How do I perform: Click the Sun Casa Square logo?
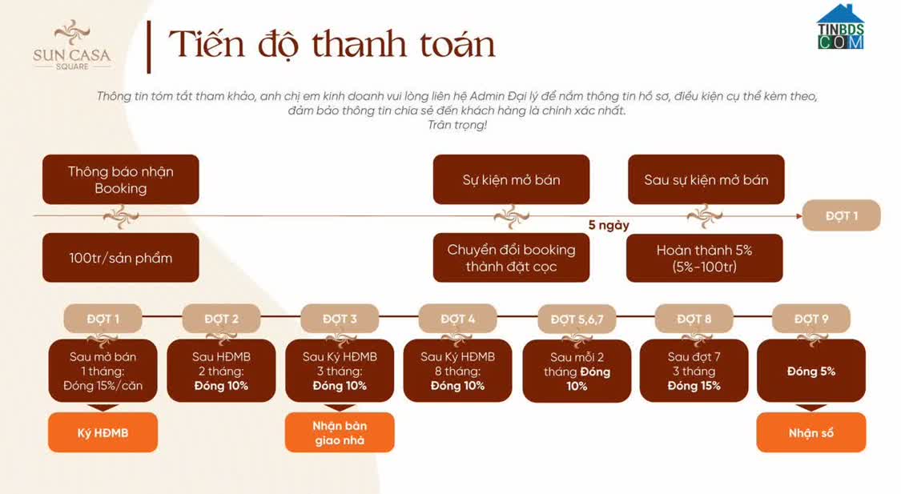(x=72, y=45)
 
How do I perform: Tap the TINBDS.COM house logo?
(x=840, y=26)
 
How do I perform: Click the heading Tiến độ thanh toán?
(x=332, y=44)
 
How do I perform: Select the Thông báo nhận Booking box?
(x=121, y=179)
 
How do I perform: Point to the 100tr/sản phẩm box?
(x=121, y=257)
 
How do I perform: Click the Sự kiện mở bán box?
(x=512, y=179)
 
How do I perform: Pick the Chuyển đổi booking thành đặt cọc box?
(x=512, y=257)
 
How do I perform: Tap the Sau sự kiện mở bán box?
(x=706, y=179)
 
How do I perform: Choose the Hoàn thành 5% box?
(x=705, y=257)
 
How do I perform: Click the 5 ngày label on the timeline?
(x=609, y=225)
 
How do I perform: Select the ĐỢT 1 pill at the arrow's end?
(x=841, y=215)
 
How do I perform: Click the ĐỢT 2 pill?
(x=221, y=319)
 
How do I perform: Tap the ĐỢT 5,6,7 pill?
(x=577, y=319)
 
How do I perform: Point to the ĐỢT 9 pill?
(x=810, y=319)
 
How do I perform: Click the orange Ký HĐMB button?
(x=103, y=432)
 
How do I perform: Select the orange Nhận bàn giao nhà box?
(x=340, y=432)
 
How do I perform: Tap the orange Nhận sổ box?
(x=810, y=432)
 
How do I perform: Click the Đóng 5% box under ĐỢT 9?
(x=810, y=371)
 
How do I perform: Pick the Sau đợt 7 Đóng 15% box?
(x=694, y=371)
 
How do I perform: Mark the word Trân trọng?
(x=457, y=125)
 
